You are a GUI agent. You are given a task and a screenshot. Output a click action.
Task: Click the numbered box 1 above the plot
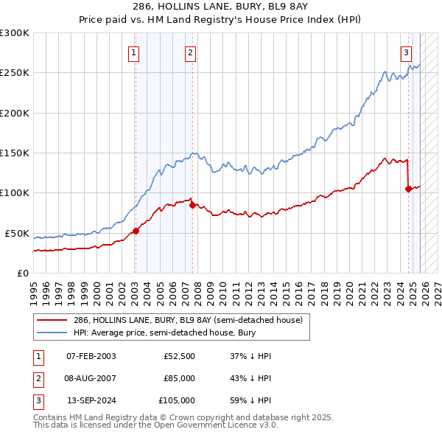coord(134,52)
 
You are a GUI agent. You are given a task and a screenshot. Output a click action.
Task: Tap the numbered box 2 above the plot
coord(190,52)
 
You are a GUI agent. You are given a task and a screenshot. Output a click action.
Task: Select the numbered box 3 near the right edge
coord(406,52)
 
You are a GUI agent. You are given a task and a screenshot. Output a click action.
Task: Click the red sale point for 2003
coord(136,231)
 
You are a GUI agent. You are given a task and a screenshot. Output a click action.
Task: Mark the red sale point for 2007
coord(192,205)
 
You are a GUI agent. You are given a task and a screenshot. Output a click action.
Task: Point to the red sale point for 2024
coord(408,189)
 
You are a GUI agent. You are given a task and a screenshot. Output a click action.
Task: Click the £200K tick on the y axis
coord(15,114)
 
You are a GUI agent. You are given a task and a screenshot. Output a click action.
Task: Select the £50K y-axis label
coord(17,234)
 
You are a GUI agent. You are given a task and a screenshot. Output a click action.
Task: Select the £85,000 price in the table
coord(179,378)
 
